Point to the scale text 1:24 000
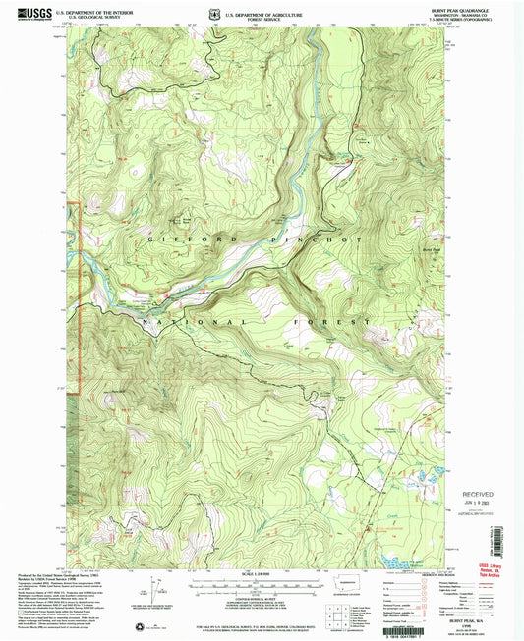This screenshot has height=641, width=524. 262,574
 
